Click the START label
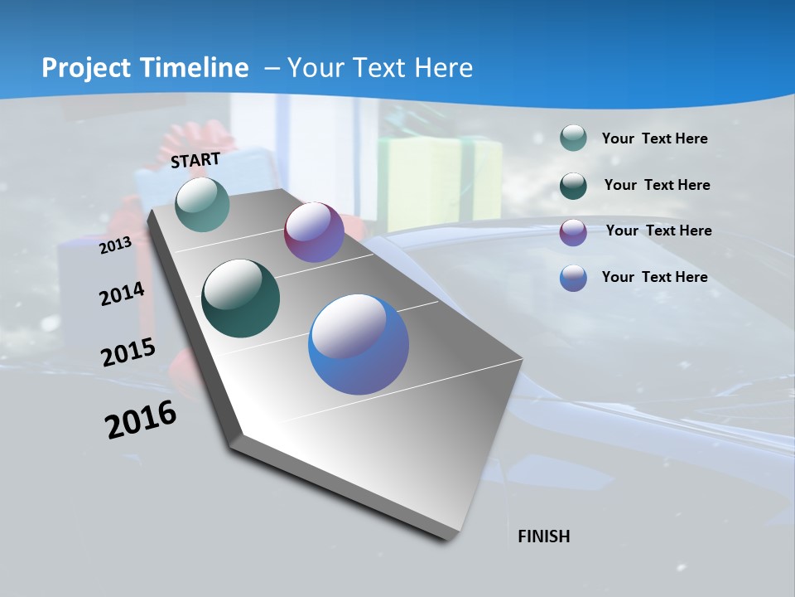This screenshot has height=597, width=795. [195, 160]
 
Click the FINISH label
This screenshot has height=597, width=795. [543, 536]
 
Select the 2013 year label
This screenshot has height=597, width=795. [115, 245]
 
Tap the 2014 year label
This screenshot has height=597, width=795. [122, 294]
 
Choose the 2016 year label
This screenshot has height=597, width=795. [141, 420]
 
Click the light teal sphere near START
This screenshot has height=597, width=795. [202, 204]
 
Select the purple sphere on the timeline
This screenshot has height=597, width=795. [314, 232]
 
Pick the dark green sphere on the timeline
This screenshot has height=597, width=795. [241, 298]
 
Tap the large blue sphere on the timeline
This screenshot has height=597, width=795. [359, 344]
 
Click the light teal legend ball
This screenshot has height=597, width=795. [573, 138]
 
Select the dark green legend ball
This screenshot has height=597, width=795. [573, 185]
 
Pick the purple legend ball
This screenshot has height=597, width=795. [573, 231]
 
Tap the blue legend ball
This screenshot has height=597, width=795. [573, 278]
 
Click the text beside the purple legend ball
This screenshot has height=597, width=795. [658, 231]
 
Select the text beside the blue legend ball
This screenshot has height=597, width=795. [654, 277]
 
